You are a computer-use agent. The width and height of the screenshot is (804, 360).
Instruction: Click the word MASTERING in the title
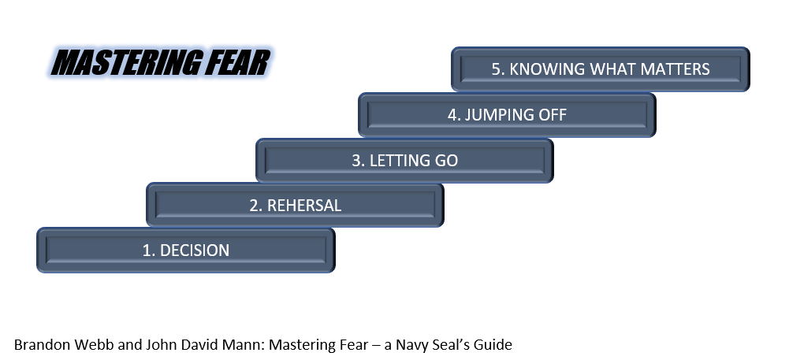click(x=126, y=63)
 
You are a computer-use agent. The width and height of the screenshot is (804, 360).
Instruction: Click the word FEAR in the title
click(x=237, y=63)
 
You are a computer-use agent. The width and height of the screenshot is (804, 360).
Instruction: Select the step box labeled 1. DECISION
click(x=185, y=250)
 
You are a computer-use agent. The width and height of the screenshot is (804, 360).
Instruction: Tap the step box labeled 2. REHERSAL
click(x=295, y=205)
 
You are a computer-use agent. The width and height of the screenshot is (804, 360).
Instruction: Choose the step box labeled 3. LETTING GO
click(x=404, y=160)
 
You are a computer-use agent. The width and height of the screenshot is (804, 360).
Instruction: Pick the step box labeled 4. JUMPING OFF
click(x=507, y=115)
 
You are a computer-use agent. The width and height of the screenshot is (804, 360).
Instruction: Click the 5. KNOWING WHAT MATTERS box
click(x=601, y=69)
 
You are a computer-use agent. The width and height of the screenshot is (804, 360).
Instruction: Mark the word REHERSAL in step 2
click(x=304, y=206)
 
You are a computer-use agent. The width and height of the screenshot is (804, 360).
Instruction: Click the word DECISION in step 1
click(x=195, y=251)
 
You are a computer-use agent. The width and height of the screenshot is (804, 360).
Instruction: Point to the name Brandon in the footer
click(x=43, y=344)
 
